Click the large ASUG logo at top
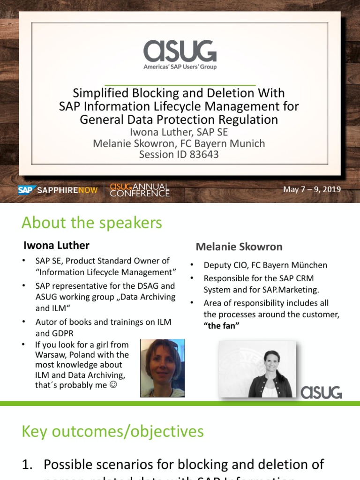[x=180, y=52]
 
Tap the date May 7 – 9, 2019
[x=312, y=190]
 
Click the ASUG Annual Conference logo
[x=139, y=190]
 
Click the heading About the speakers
[x=92, y=223]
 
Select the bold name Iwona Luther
[x=56, y=245]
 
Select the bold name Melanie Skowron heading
[x=239, y=247]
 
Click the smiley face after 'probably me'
[x=112, y=386]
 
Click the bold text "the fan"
[x=221, y=325]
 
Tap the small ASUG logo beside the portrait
[x=321, y=392]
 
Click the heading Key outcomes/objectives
[x=112, y=431]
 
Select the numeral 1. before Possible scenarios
[x=28, y=465]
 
